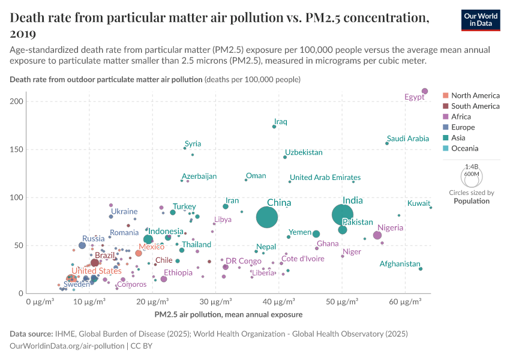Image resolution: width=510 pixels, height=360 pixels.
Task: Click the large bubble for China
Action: pyautogui.click(x=267, y=217)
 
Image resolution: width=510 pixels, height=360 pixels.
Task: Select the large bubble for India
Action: pyautogui.click(x=343, y=214)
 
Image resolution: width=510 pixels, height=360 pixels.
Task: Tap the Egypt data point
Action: pyautogui.click(x=425, y=91)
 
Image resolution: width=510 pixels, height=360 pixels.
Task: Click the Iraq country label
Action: pyautogui.click(x=280, y=122)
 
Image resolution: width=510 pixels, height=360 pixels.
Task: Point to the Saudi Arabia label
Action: pyautogui.click(x=408, y=139)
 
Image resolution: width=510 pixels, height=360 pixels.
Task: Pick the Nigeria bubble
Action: pyautogui.click(x=377, y=235)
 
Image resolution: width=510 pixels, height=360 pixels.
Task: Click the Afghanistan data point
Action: pyautogui.click(x=421, y=269)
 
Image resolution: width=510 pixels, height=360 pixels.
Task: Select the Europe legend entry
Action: pyautogui.click(x=463, y=127)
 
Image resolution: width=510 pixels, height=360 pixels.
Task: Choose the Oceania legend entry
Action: pyautogui.click(x=464, y=148)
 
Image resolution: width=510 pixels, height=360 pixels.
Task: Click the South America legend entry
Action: pyautogui.click(x=475, y=106)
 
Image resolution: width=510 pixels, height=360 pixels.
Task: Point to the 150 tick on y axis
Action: pyautogui.click(x=16, y=149)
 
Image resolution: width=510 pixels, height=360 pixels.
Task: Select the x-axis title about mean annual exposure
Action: pyautogui.click(x=228, y=314)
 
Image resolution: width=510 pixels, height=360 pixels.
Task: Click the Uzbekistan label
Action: pyautogui.click(x=304, y=152)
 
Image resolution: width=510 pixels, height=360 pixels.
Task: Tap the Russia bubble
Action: pyautogui.click(x=82, y=245)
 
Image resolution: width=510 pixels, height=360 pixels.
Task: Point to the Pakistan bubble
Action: pyautogui.click(x=343, y=230)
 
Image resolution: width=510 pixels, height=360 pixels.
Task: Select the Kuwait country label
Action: pyautogui.click(x=418, y=203)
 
